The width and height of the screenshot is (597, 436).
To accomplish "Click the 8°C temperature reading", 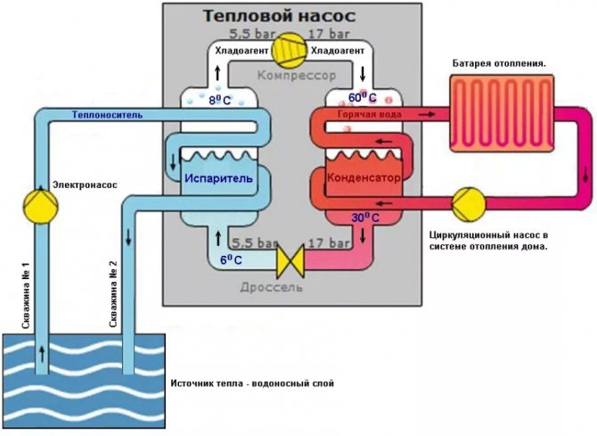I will coord(219,101).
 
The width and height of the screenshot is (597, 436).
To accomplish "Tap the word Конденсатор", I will coord(364,177).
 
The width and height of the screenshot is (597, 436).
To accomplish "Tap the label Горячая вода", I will coord(369,115).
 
